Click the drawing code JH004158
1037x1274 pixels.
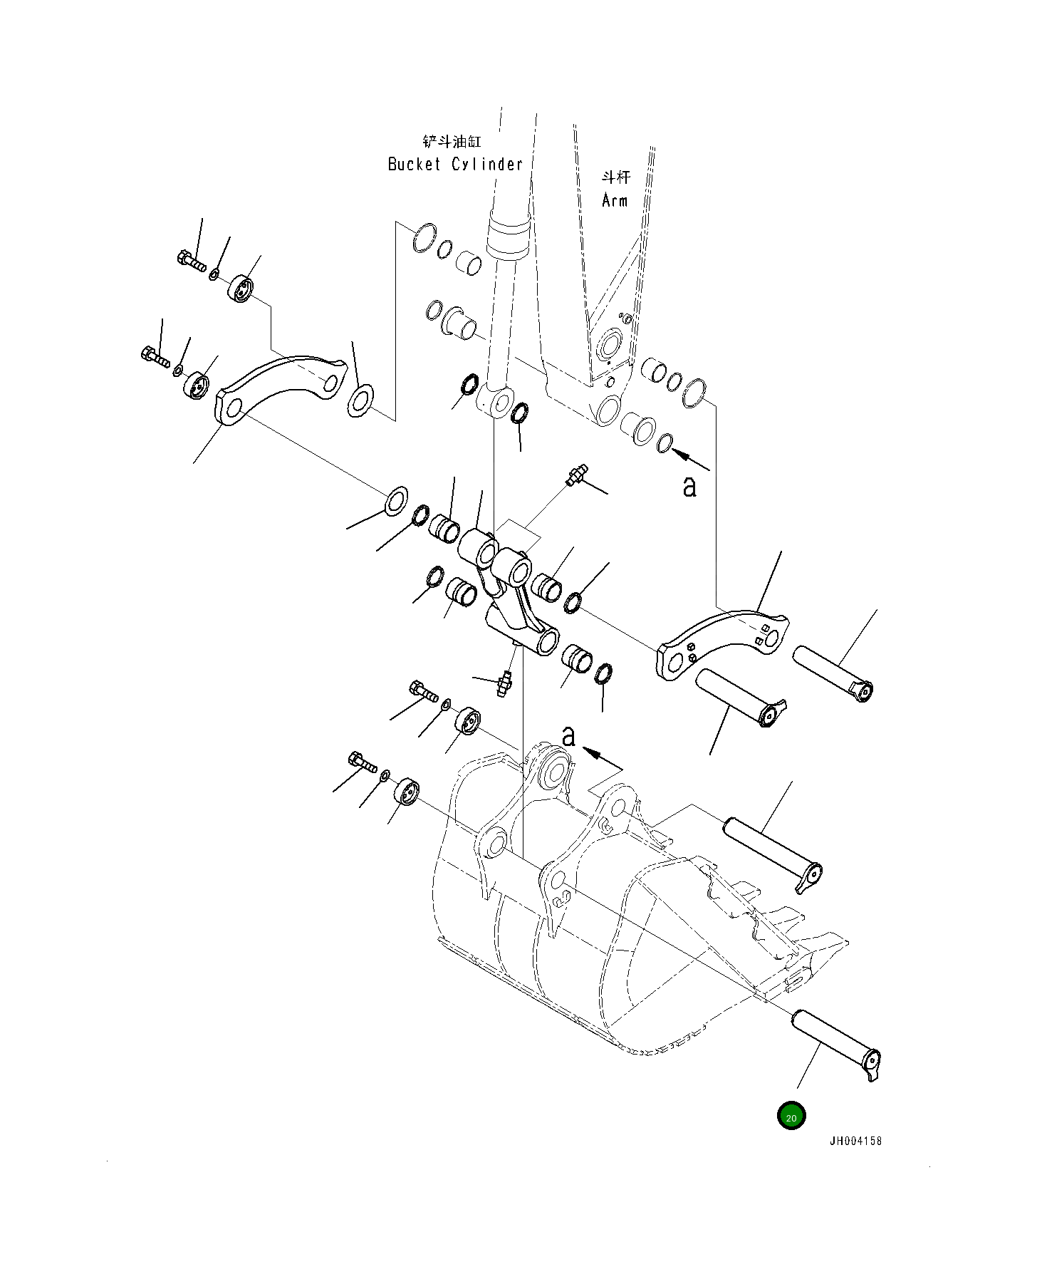point(855,1141)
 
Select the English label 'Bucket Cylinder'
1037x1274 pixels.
point(455,165)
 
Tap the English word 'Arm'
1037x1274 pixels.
point(615,201)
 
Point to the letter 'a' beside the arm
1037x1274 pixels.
point(689,487)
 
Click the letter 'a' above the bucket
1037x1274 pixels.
point(568,737)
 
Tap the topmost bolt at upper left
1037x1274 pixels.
point(191,261)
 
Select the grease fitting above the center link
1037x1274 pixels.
point(575,476)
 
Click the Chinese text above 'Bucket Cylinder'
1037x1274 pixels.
point(452,142)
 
